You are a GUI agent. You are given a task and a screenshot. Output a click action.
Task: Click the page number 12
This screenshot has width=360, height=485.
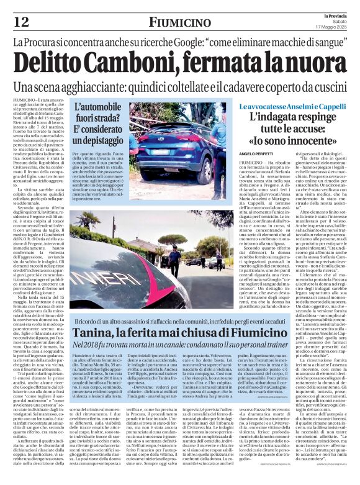[x=20, y=22]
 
